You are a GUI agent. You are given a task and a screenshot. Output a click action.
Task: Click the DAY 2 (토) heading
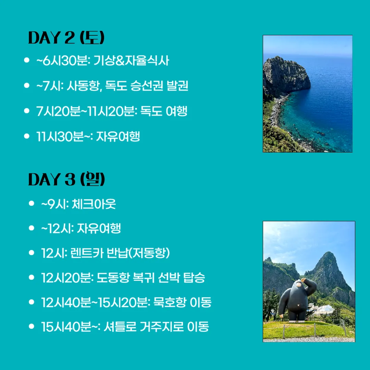pyautogui.click(x=66, y=38)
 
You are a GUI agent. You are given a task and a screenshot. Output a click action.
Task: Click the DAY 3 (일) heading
pyautogui.click(x=66, y=179)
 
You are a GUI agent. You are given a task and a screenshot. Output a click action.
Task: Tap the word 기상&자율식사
pyautogui.click(x=131, y=60)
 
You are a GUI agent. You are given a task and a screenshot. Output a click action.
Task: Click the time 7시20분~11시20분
pyautogui.click(x=87, y=111)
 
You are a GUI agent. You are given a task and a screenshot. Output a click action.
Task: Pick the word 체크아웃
pyautogui.click(x=94, y=204)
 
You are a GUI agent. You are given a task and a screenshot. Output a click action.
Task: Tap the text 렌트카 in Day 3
pyautogui.click(x=87, y=253)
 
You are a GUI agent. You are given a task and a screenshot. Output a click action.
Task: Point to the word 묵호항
pyautogui.click(x=170, y=302)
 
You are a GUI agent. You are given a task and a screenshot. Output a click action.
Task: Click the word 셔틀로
pyautogui.click(x=120, y=326)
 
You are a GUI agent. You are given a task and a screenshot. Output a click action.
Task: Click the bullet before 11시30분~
pyautogui.click(x=27, y=136)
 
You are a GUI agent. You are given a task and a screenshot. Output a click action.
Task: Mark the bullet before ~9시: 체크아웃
pyautogui.click(x=32, y=203)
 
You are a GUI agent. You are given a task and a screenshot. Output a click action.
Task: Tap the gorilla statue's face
pyautogui.click(x=298, y=284)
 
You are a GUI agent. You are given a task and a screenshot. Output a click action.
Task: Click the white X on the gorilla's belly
pyautogui.click(x=298, y=305)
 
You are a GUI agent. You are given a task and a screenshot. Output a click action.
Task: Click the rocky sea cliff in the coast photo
pyautogui.click(x=285, y=75)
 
